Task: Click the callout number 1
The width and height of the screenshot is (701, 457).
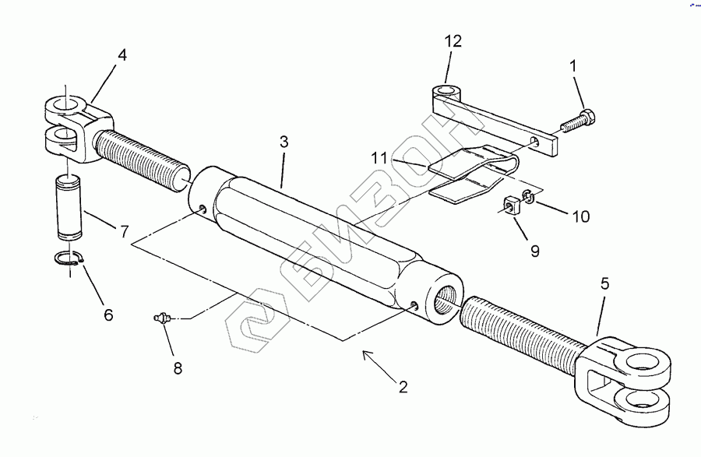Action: point(573,66)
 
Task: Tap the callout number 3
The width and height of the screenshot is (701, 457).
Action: point(284,142)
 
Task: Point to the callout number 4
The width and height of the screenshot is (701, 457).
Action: point(122,55)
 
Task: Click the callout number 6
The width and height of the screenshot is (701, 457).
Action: point(107,315)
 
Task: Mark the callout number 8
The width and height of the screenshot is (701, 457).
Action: point(177,367)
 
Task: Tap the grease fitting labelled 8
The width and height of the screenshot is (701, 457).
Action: point(162,318)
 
